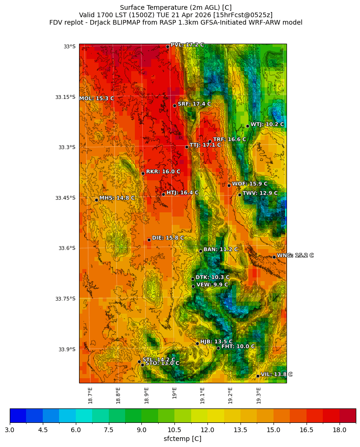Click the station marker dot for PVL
tap(167, 46)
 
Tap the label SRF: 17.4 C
tap(194, 104)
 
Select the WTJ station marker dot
tap(247, 126)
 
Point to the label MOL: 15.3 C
tap(97, 99)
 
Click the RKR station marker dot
tap(143, 173)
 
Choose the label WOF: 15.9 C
tap(250, 184)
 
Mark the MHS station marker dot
tap(96, 200)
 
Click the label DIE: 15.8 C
tap(168, 238)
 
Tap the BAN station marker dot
tap(200, 251)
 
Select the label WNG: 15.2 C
tap(295, 256)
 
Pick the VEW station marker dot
tap(193, 286)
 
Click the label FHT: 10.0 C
tap(238, 347)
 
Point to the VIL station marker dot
tap(258, 376)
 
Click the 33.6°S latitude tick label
tap(67, 248)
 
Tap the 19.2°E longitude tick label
tap(230, 395)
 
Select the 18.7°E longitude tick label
tap(90, 395)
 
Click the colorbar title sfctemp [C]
tap(182, 439)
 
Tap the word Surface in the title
tap(132, 7)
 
